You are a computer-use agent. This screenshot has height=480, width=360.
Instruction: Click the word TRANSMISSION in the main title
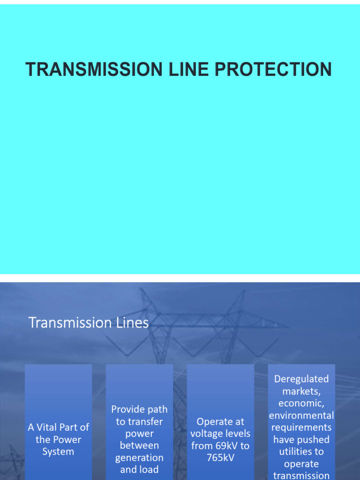click(94, 69)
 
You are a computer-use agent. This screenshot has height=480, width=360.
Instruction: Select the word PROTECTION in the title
click(273, 69)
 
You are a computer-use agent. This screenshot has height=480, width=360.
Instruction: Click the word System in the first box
click(58, 451)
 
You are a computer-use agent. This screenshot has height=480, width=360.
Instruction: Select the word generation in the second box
click(139, 457)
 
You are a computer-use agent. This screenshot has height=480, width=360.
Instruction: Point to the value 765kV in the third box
click(220, 457)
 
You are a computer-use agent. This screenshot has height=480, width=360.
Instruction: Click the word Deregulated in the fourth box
click(301, 379)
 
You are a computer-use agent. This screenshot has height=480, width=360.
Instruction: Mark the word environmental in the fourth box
click(301, 415)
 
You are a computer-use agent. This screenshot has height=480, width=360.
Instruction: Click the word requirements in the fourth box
click(301, 427)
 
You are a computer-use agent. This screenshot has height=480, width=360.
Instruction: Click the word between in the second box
click(139, 445)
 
